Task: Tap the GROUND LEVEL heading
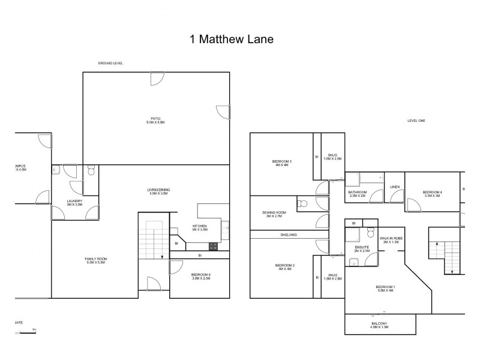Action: (110, 64)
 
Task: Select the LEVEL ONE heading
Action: (416, 121)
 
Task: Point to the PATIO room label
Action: (155, 120)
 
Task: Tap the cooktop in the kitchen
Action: (213, 245)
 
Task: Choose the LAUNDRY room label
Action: (74, 203)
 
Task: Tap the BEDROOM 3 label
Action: (281, 163)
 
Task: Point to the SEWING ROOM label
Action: (274, 214)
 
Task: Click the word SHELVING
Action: (289, 235)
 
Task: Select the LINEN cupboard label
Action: (394, 187)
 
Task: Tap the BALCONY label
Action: (379, 325)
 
